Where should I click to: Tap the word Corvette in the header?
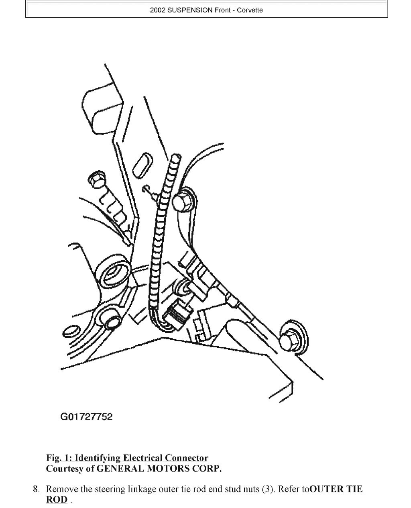(x=250, y=10)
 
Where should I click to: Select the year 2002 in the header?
(x=158, y=10)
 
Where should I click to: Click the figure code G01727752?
(x=87, y=416)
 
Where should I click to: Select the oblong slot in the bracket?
(x=142, y=165)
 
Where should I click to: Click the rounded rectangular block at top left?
(x=104, y=111)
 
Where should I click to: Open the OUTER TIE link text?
(x=336, y=489)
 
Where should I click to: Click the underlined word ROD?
(x=57, y=500)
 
